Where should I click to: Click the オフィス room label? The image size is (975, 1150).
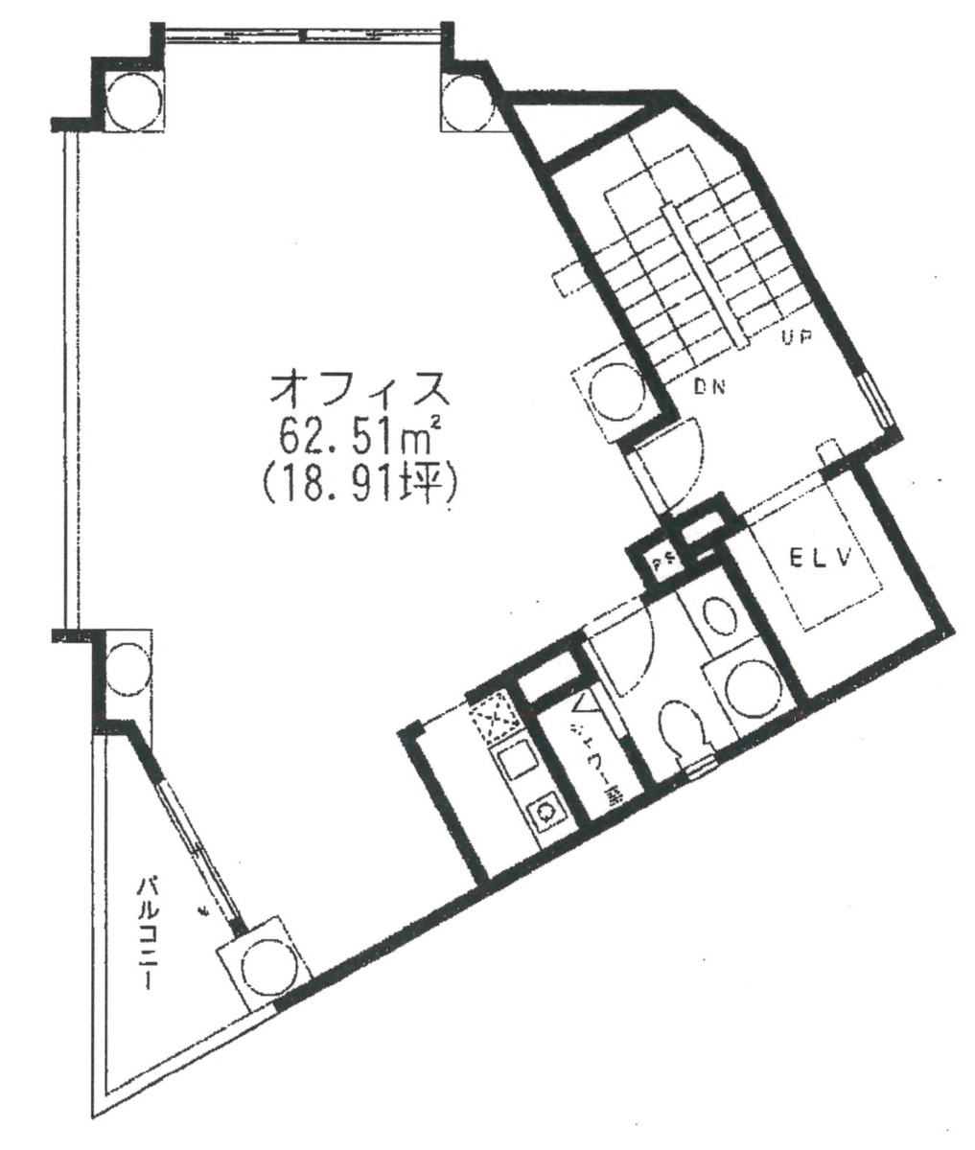click(359, 390)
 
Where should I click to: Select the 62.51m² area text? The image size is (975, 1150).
click(359, 437)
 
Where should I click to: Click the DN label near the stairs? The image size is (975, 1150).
click(710, 388)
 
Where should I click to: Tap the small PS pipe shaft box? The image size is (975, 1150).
click(662, 561)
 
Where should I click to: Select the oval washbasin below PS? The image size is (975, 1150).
click(715, 615)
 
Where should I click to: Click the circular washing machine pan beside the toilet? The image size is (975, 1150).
click(749, 687)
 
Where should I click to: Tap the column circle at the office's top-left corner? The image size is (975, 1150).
click(129, 103)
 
